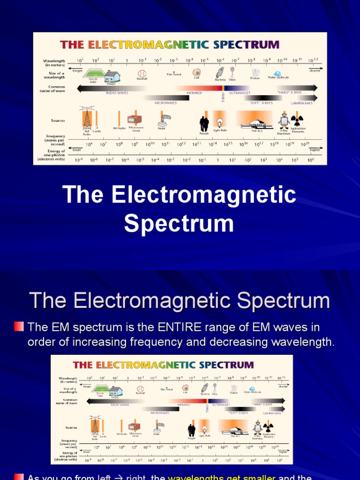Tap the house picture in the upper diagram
click(112, 76)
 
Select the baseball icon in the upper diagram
click(142, 74)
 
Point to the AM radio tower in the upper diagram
click(87, 119)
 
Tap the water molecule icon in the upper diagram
click(277, 73)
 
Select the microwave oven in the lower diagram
click(134, 427)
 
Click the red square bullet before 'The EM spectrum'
click(19, 326)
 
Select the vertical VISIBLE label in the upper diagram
click(223, 96)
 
